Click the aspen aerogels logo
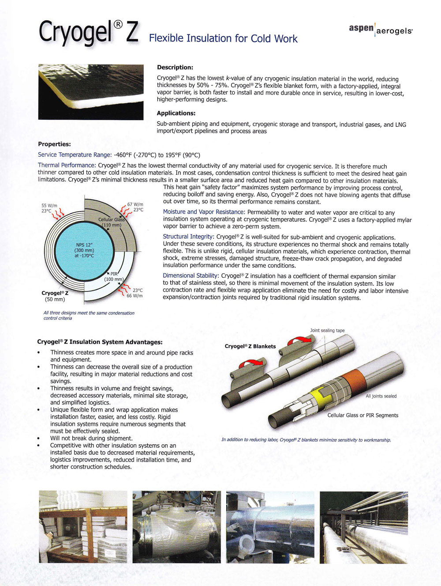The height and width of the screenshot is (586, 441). (x=381, y=29)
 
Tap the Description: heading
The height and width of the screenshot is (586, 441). (x=175, y=68)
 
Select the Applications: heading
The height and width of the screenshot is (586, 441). (x=176, y=113)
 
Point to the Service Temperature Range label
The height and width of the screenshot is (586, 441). (x=74, y=155)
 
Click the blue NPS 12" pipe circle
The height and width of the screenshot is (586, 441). (x=84, y=250)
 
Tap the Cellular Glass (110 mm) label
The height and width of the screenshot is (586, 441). (x=112, y=222)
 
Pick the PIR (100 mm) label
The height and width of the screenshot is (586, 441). (x=114, y=276)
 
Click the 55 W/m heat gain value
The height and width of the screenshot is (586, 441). (x=49, y=206)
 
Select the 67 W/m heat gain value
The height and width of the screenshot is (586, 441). (x=135, y=204)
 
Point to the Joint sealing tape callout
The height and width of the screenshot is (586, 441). (x=327, y=330)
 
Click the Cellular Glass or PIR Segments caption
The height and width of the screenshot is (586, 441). (x=363, y=415)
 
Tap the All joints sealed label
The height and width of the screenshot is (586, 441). (x=381, y=396)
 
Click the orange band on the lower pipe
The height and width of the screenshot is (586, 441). (x=351, y=378)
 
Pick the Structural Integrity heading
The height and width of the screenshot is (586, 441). (x=188, y=237)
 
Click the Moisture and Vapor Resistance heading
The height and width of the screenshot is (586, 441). (x=203, y=212)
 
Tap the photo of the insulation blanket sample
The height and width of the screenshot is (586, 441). (x=91, y=92)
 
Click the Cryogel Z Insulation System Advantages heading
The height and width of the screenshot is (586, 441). (x=100, y=342)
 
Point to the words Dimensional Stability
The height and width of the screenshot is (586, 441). (x=191, y=276)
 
